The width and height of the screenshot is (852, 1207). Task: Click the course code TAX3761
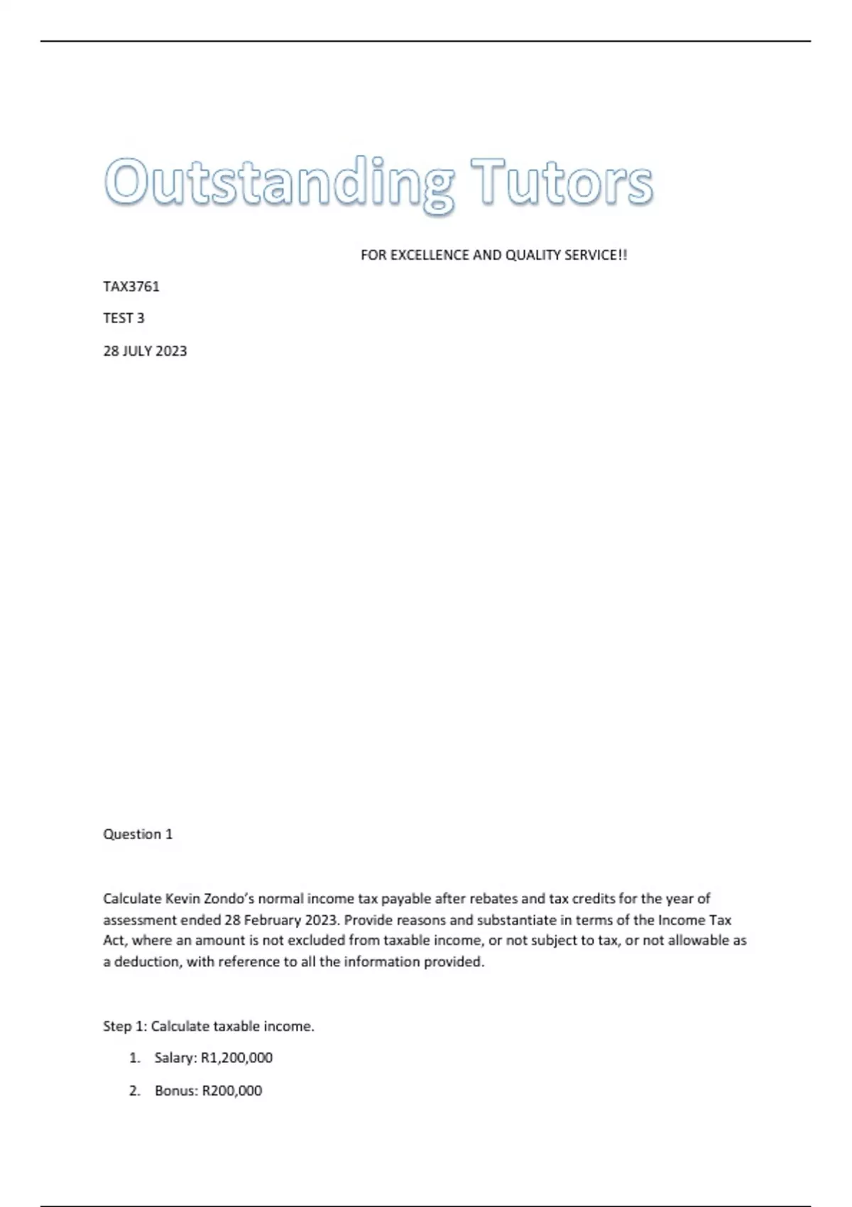[x=131, y=287]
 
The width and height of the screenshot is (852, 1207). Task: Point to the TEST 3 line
[x=124, y=318]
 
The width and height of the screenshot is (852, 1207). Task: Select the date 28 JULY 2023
[x=145, y=351]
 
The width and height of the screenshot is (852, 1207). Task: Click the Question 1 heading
[x=138, y=834]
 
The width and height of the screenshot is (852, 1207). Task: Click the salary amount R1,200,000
[x=237, y=1058]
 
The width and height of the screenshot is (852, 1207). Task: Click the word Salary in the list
[x=174, y=1058]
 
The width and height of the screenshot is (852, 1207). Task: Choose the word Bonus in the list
[x=175, y=1091]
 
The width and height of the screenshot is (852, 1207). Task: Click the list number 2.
[x=134, y=1091]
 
